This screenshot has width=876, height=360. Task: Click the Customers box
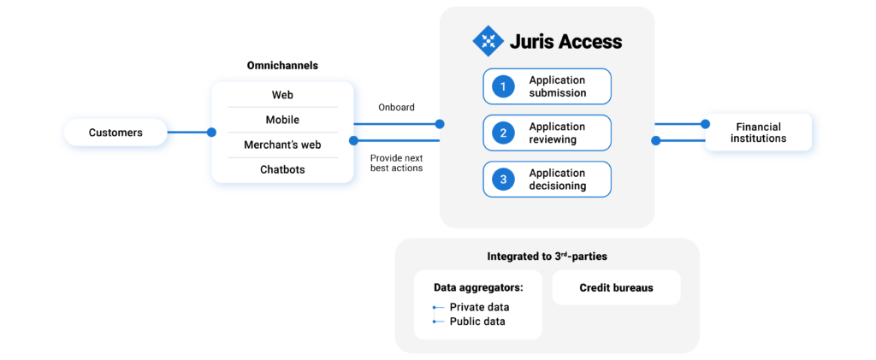pyautogui.click(x=115, y=133)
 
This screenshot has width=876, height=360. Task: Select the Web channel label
pyautogui.click(x=282, y=95)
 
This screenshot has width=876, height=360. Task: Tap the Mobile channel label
pyautogui.click(x=282, y=120)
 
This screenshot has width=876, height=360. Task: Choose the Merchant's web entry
pyautogui.click(x=282, y=145)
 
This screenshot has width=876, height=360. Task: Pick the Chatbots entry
pyautogui.click(x=282, y=169)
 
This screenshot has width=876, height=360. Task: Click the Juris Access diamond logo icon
pyautogui.click(x=488, y=41)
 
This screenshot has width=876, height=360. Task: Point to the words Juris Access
pyautogui.click(x=565, y=41)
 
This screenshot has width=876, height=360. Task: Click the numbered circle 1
pyautogui.click(x=504, y=86)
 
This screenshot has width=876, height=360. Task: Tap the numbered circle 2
pyautogui.click(x=504, y=133)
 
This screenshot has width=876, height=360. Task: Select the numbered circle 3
pyautogui.click(x=504, y=179)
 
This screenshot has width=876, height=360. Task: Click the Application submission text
pyautogui.click(x=557, y=86)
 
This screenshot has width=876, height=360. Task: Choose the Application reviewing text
pyautogui.click(x=557, y=133)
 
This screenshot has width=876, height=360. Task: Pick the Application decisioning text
pyautogui.click(x=557, y=179)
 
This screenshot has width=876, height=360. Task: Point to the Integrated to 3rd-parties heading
pyautogui.click(x=547, y=256)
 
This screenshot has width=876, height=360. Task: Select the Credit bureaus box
pyautogui.click(x=616, y=288)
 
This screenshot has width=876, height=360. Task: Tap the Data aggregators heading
pyautogui.click(x=477, y=287)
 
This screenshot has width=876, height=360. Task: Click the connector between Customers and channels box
pyautogui.click(x=195, y=133)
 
